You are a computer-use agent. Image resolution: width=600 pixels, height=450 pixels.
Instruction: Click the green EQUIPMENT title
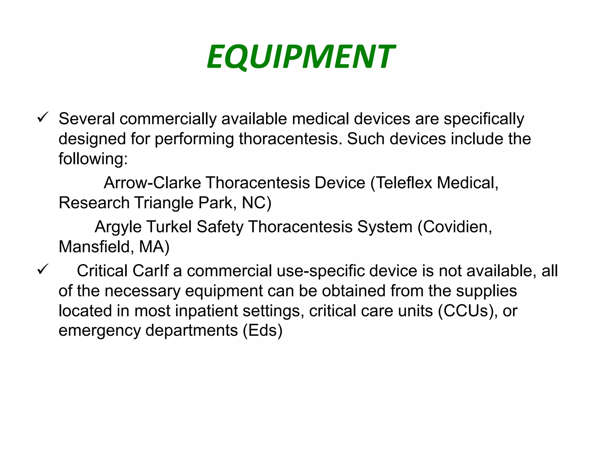click(301, 57)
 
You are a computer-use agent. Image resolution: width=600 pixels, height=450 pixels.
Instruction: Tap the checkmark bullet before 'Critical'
click(43, 269)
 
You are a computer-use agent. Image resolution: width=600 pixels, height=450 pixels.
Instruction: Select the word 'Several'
click(87, 119)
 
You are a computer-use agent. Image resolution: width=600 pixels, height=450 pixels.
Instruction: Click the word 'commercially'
click(168, 119)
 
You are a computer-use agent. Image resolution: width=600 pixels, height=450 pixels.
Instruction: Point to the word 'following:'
click(93, 159)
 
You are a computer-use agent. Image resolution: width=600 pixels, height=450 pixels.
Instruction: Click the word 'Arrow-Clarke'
click(152, 183)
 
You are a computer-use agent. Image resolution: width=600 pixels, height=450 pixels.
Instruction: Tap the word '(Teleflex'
click(401, 183)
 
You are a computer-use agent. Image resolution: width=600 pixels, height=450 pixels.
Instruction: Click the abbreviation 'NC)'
click(257, 203)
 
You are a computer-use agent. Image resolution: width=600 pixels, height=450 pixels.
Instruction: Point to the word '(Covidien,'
click(455, 227)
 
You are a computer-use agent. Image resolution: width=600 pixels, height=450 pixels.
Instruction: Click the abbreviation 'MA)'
click(154, 247)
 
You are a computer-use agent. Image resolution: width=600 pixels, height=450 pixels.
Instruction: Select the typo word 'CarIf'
click(151, 271)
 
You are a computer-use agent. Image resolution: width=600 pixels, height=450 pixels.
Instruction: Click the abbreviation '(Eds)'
click(262, 331)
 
